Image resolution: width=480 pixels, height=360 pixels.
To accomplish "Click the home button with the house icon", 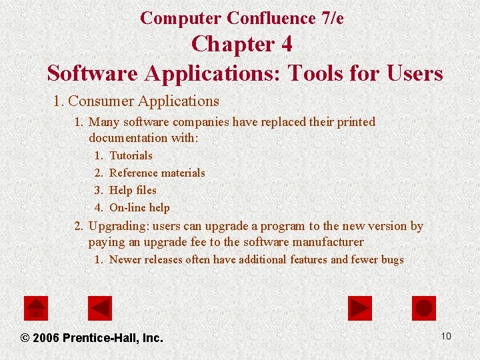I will point(36,308).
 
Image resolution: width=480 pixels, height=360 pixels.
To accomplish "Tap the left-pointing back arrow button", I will point(100,308).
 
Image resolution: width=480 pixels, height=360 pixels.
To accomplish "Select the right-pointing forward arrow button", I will point(360,308).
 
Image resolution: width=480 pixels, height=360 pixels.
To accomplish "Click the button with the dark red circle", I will point(424,308).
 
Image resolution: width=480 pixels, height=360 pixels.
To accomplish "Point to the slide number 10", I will point(446,336).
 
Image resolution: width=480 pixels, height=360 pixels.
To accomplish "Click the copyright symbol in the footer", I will point(25,338).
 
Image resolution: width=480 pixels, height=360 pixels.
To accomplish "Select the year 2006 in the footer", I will point(45,338).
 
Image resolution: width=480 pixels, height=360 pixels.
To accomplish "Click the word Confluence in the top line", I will point(271,18).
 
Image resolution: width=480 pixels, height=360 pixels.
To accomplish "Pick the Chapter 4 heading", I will point(241,45).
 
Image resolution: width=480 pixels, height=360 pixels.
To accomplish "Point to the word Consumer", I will point(101,101).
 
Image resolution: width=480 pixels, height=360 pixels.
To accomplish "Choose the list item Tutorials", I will point(131,155).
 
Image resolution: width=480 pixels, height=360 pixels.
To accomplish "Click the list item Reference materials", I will point(157,173).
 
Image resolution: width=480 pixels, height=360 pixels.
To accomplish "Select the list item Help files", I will point(133,190).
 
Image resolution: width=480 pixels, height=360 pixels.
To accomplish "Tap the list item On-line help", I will point(139,207).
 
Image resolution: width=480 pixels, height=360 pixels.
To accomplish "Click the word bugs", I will point(392,259).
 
